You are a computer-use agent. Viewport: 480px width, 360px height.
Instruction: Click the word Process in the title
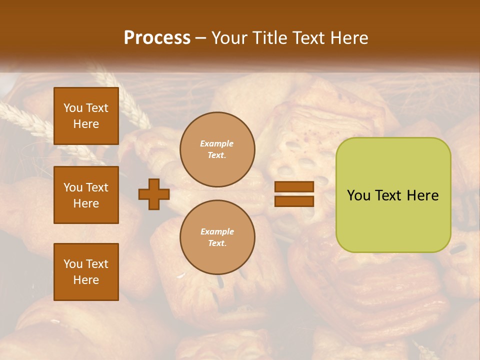157,38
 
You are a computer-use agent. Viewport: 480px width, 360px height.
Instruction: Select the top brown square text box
86,116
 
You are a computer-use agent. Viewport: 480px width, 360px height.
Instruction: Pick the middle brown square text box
86,195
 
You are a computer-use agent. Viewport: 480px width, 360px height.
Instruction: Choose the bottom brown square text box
86,272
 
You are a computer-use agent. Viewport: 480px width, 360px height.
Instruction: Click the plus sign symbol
154,194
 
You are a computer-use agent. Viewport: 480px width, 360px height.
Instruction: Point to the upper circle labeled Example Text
217,149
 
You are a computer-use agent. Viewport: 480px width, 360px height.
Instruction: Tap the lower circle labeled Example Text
217,237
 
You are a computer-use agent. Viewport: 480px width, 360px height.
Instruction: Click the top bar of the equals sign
294,187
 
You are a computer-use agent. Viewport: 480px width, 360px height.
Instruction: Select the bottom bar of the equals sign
294,201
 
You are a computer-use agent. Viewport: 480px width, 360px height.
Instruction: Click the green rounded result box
393,195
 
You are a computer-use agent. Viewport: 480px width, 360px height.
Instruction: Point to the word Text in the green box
389,195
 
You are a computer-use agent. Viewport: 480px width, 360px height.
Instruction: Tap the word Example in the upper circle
217,144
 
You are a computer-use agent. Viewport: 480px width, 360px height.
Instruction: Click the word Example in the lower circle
217,232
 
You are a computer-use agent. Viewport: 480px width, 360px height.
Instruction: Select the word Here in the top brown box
86,124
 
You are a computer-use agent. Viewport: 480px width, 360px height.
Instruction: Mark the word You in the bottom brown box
73,264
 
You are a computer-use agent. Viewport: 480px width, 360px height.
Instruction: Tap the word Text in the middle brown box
97,187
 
